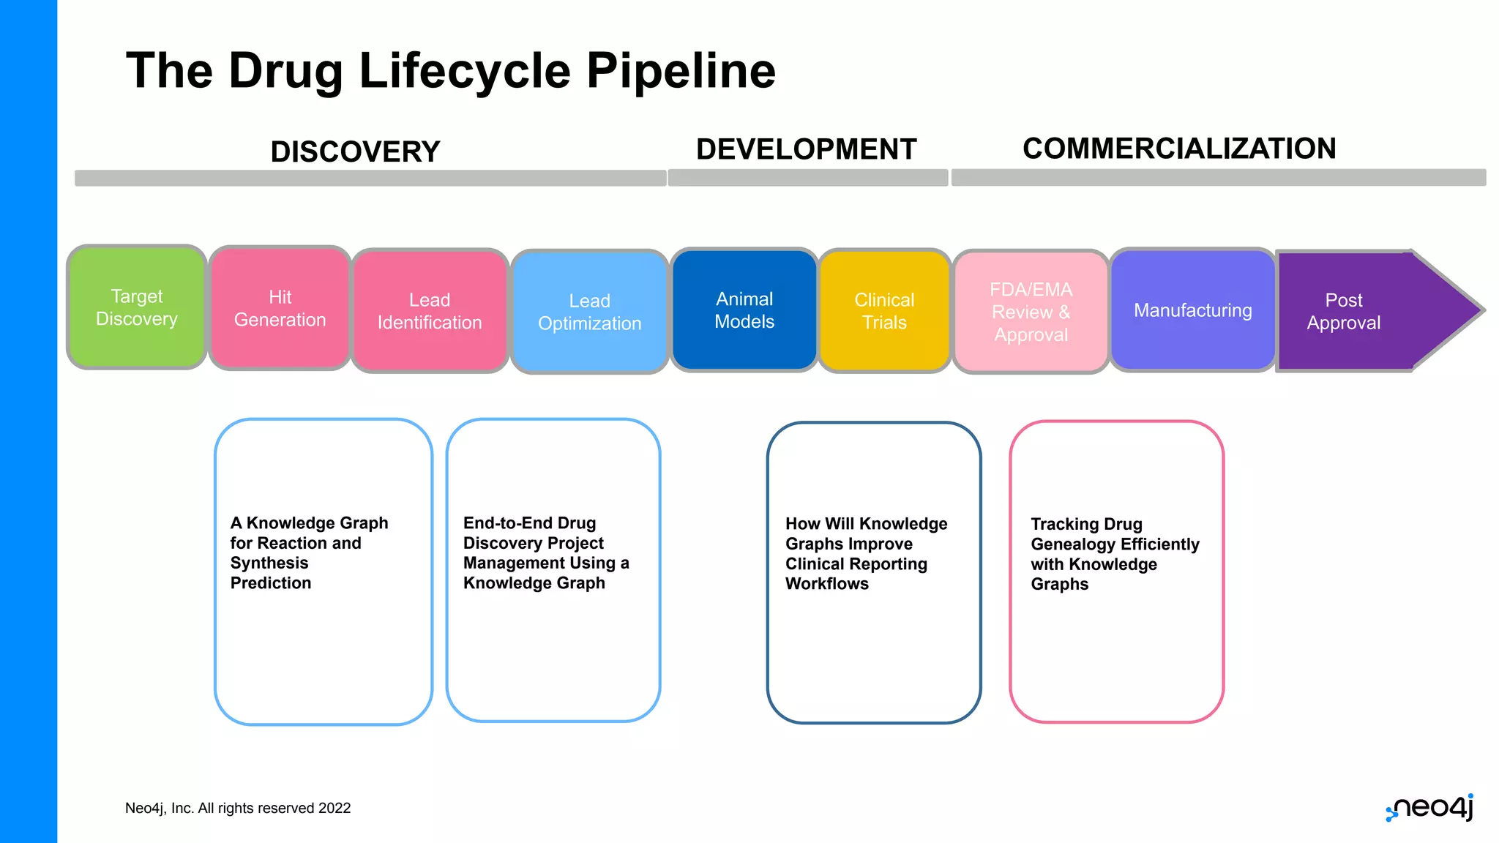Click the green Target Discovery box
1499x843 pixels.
[137, 307]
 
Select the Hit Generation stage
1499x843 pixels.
[280, 308]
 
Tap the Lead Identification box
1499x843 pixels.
[430, 311]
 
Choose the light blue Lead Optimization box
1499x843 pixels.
[589, 312]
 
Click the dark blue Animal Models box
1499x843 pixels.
[744, 310]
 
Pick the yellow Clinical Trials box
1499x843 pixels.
[884, 311]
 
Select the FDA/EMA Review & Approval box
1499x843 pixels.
[1031, 312]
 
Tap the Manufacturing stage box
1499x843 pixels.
[1192, 310]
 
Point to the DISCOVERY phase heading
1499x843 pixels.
[355, 151]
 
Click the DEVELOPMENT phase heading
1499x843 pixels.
[806, 149]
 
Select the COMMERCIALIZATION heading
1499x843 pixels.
[1179, 149]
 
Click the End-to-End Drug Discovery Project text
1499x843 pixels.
[545, 552]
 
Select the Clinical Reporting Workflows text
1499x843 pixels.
[866, 553]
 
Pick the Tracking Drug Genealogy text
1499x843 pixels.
[1114, 553]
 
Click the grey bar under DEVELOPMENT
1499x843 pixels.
[807, 178]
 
